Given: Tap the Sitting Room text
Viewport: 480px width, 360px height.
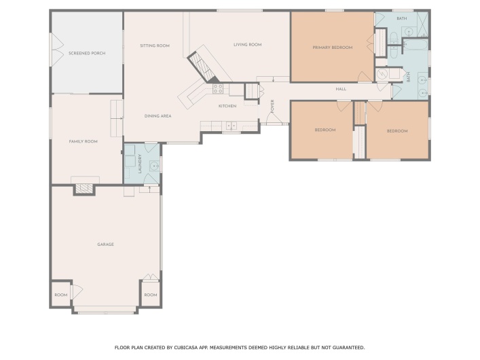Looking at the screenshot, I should (155, 46).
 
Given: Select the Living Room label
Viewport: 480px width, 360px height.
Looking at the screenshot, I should (247, 45).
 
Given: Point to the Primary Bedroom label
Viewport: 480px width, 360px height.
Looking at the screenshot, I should (333, 48).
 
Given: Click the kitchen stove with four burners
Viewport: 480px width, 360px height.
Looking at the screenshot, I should (218, 88).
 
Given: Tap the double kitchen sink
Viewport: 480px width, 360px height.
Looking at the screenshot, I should (231, 125).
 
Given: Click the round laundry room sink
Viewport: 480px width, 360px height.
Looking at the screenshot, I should (153, 165).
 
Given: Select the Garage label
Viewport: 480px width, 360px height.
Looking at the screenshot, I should (105, 245).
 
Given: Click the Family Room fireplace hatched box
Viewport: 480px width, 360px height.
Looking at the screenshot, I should (83, 188).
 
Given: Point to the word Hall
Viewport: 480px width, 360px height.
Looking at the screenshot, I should (341, 89).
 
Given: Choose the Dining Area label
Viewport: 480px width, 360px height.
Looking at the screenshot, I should (158, 116).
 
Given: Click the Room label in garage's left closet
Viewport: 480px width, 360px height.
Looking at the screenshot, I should (61, 295).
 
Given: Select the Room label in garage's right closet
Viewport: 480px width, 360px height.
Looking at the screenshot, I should (151, 295).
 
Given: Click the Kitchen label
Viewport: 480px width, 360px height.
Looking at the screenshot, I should (227, 107).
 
